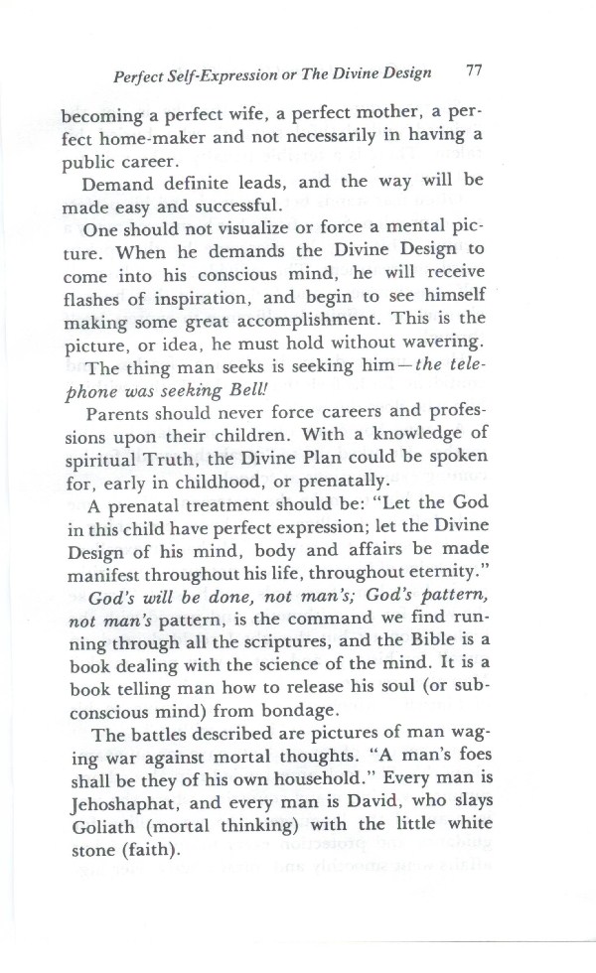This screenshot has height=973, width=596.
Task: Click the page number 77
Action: coord(473,71)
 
